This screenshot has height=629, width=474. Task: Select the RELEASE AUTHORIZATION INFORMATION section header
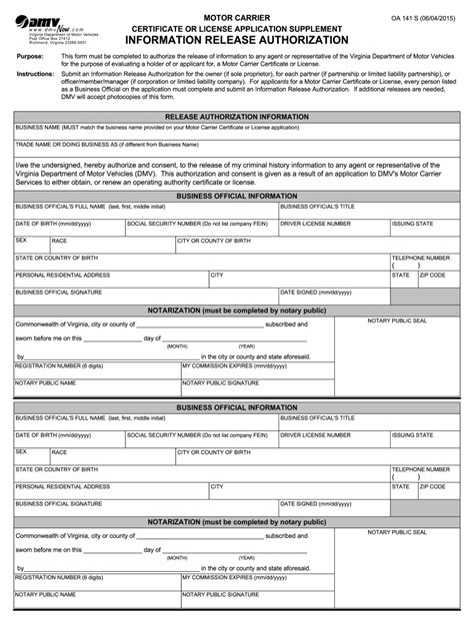pos(236,117)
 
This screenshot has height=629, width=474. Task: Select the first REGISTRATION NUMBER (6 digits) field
pos(95,370)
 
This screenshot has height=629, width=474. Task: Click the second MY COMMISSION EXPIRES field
pos(270,581)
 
